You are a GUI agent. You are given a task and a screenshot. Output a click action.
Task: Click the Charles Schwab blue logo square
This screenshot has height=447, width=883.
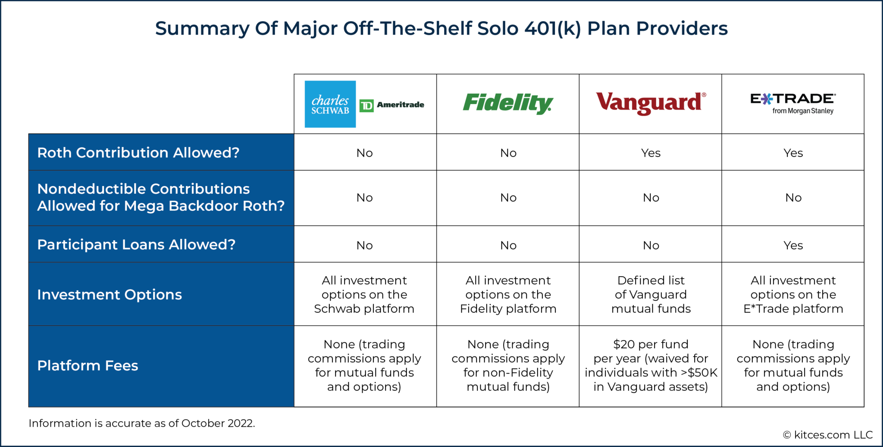330,104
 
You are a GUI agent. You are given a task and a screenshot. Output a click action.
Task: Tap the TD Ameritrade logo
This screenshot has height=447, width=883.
392,105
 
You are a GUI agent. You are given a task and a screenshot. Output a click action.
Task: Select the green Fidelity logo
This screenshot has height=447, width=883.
507,104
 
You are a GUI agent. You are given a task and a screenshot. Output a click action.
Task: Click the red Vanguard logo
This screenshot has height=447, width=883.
650,103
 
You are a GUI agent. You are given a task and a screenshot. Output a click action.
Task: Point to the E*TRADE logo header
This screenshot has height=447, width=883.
792,104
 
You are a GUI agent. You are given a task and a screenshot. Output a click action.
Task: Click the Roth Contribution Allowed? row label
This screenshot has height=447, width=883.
138,153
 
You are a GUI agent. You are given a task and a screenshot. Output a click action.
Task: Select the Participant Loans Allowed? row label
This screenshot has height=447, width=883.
136,245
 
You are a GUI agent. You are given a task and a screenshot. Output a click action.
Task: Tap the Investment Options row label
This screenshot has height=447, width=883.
110,295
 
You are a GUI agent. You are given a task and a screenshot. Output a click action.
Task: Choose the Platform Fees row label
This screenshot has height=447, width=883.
88,366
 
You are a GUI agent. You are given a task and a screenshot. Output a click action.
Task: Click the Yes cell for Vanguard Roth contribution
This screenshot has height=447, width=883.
650,153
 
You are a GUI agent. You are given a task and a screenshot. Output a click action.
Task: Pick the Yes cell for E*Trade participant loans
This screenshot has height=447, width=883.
792,246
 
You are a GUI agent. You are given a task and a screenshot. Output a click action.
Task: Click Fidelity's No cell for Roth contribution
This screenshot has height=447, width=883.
508,153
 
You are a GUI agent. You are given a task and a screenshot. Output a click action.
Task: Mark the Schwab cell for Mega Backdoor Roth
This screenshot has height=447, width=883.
364,198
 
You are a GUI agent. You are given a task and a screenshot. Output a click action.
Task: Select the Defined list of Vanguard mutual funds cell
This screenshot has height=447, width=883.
651,295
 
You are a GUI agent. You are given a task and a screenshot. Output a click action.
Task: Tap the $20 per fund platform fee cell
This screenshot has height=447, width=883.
651,365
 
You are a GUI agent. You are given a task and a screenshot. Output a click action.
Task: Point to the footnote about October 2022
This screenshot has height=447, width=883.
142,423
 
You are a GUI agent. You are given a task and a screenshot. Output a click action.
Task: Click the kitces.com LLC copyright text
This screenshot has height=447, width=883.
827,435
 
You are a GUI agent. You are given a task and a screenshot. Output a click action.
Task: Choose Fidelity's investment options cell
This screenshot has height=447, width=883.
508,295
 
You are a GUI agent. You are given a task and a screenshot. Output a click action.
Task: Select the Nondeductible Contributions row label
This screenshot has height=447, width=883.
160,198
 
